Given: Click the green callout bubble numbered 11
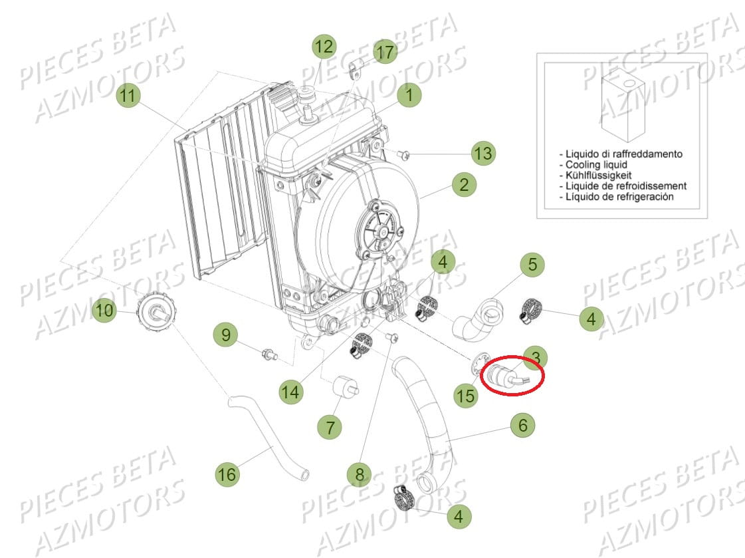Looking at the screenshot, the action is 128,96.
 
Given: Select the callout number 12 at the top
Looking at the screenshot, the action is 324,47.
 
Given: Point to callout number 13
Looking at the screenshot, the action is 483,153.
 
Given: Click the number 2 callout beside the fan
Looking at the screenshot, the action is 464,184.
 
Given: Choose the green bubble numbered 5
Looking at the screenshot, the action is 532,264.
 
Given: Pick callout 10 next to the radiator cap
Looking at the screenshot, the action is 104,311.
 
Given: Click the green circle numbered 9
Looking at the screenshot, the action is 226,335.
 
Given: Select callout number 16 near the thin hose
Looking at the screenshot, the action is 227,474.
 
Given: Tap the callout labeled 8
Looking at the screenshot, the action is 360,474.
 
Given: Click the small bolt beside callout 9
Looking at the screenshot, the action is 270,354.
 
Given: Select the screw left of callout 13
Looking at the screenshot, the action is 403,154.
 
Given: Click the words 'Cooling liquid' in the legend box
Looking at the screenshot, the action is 596,164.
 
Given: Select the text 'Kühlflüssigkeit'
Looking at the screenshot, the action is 599,175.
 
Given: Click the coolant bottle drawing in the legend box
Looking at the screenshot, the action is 623,108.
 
